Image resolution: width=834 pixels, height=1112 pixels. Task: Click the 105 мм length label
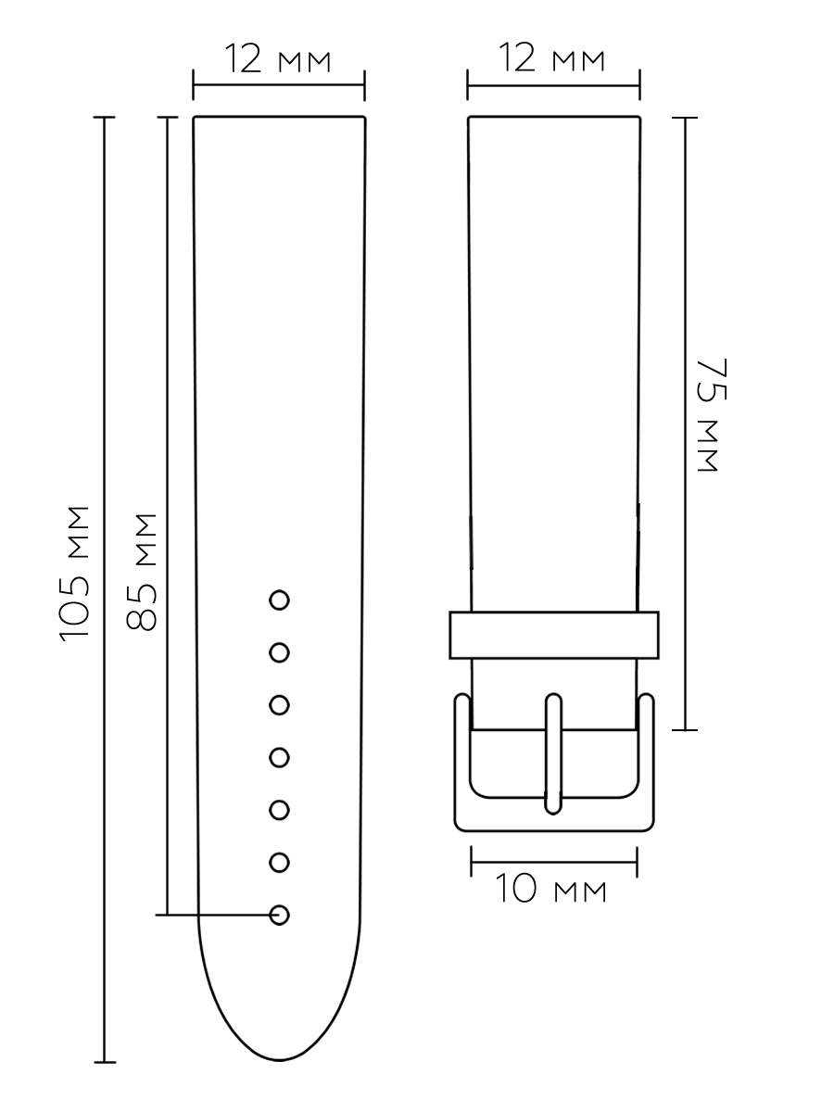pos(74,574)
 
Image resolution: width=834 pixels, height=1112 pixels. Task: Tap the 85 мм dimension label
pos(141,572)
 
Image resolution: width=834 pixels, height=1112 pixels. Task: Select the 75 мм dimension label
pos(712,415)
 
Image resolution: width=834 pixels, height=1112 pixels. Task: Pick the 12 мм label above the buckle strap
pos(551,57)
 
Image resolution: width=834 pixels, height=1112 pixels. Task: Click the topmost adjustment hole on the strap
pos(279,600)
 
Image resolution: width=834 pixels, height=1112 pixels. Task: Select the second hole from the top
pos(279,652)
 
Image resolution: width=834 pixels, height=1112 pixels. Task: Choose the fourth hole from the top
pos(279,757)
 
